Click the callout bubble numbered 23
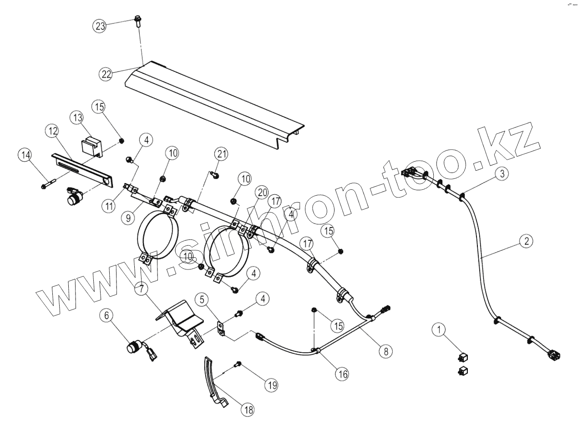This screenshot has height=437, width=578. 100,26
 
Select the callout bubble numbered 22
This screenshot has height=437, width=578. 106,74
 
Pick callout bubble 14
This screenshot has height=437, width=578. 25,155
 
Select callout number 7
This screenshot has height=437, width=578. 141,288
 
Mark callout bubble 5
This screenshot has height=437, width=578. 203,299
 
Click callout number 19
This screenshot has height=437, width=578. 272,385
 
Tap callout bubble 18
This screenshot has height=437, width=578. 248,409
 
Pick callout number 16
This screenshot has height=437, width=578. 342,374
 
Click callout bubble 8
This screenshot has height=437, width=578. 385,351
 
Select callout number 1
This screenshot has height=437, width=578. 439,329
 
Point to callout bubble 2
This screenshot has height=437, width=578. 526,241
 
